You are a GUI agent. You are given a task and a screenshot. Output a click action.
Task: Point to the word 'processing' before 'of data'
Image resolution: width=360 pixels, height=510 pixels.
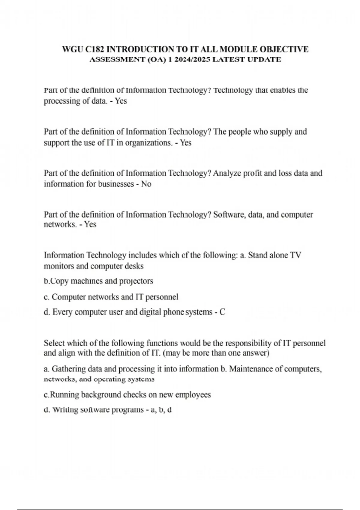[58, 101]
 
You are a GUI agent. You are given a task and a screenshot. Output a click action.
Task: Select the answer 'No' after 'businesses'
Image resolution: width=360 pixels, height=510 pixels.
[146, 184]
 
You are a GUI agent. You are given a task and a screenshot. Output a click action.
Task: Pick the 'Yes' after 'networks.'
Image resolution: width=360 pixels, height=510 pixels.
[90, 224]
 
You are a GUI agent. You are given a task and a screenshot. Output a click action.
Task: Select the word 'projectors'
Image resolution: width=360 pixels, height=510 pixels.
[136, 281]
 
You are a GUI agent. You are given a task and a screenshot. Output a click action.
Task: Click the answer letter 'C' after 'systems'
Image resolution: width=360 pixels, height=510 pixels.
[222, 312]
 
